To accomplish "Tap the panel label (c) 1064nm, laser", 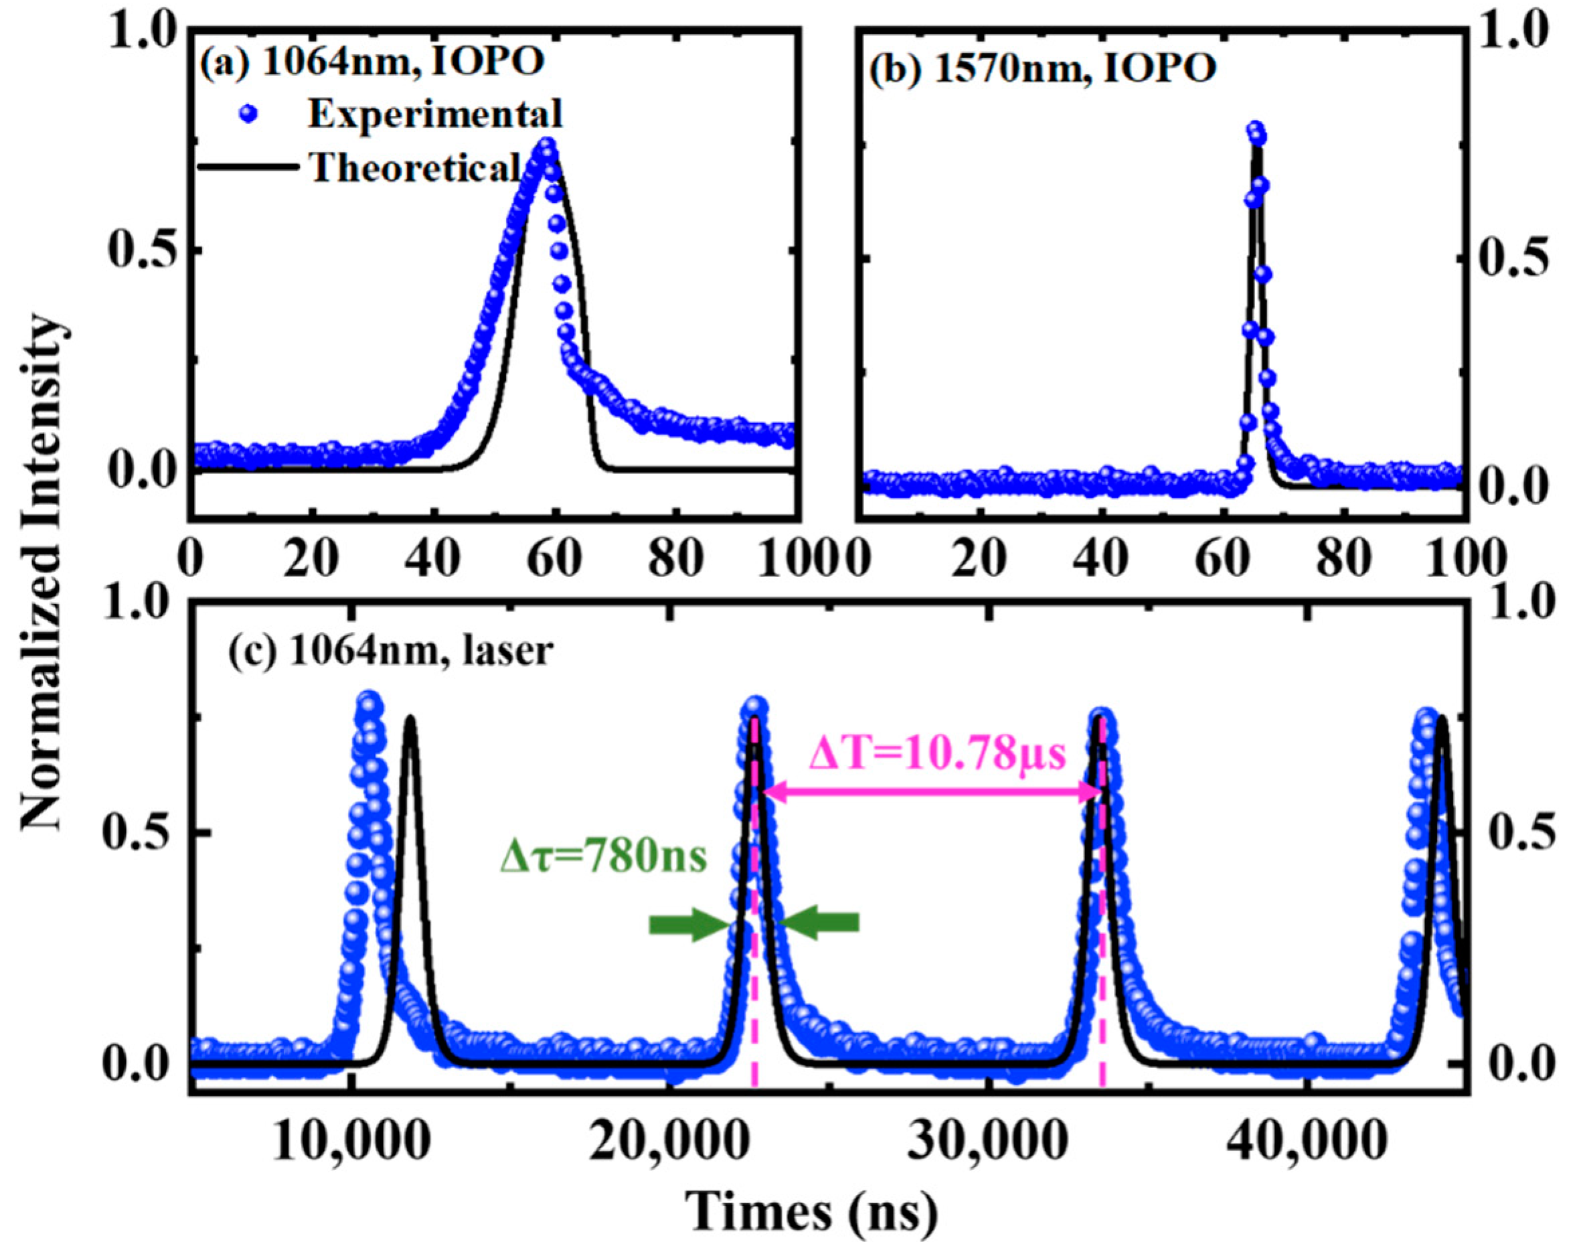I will [x=391, y=651].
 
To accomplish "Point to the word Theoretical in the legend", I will [x=414, y=168].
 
